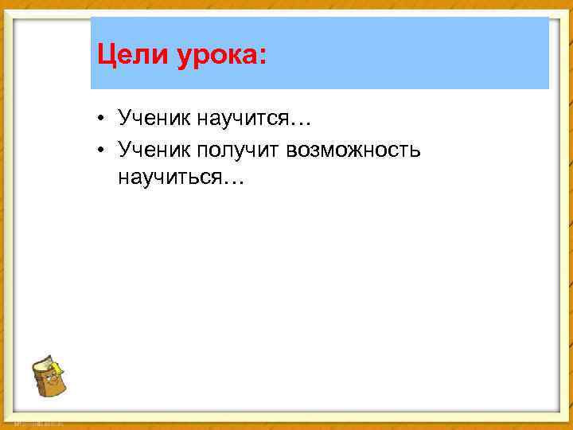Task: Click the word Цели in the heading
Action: tap(125, 56)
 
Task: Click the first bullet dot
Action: tap(103, 120)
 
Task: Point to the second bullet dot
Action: tap(103, 149)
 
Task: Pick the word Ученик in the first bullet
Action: tap(152, 119)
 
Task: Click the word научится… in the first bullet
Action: tap(254, 119)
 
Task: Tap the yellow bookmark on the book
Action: tap(58, 367)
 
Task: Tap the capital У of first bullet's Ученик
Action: tap(124, 119)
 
